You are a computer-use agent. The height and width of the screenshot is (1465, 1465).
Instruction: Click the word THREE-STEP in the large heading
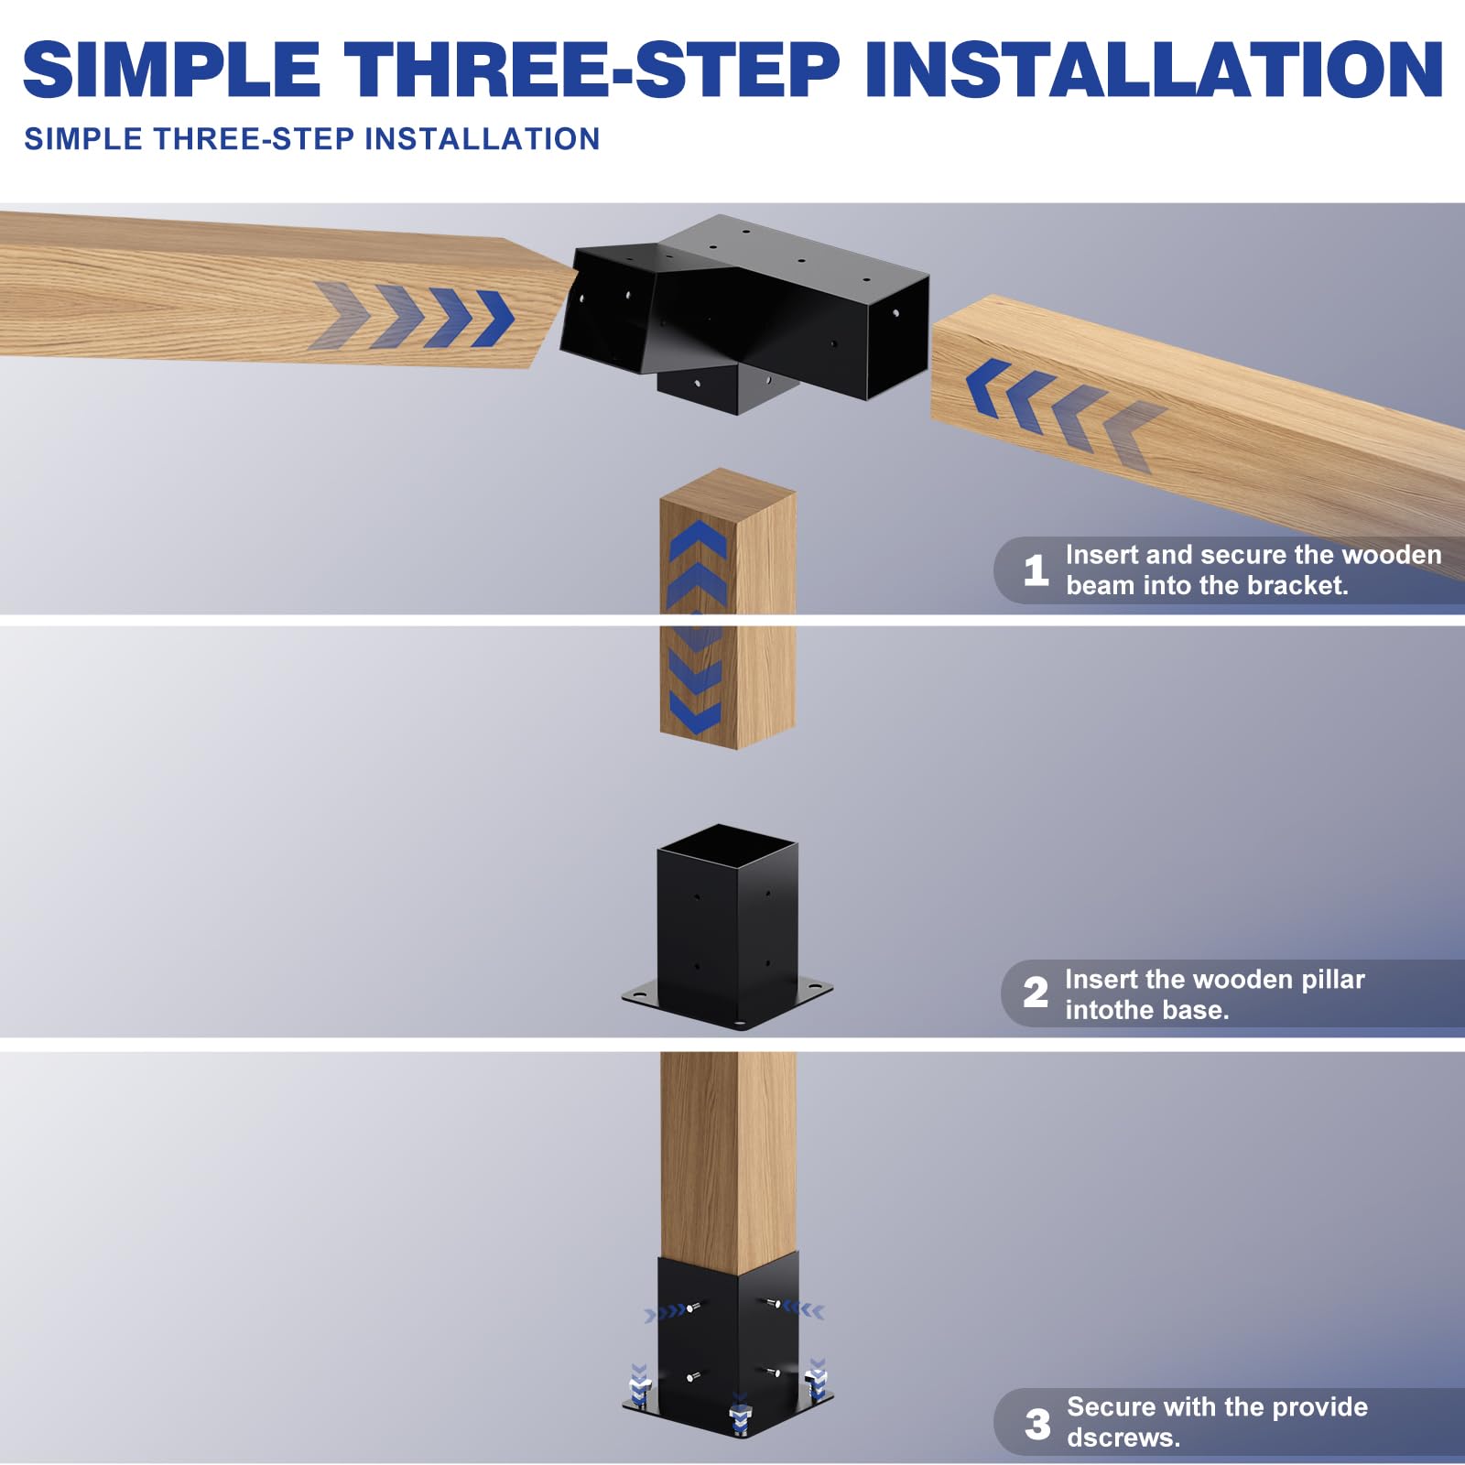[591, 70]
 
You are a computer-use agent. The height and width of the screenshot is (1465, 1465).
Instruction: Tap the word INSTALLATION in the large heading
[1154, 70]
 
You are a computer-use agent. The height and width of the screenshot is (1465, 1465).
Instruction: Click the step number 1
[1036, 570]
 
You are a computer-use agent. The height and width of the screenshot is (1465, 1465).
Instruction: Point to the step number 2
[1036, 993]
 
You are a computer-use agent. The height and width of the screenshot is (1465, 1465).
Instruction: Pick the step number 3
[1037, 1424]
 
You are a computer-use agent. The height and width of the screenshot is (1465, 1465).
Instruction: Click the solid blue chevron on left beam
[494, 319]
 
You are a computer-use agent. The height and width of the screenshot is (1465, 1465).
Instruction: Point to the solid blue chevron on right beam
[989, 387]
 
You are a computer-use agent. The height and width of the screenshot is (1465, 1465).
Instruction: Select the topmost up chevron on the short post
[698, 540]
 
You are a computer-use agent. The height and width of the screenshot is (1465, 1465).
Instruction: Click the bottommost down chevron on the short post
[696, 712]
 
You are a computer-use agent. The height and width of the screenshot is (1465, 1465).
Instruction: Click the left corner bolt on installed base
[640, 1385]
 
